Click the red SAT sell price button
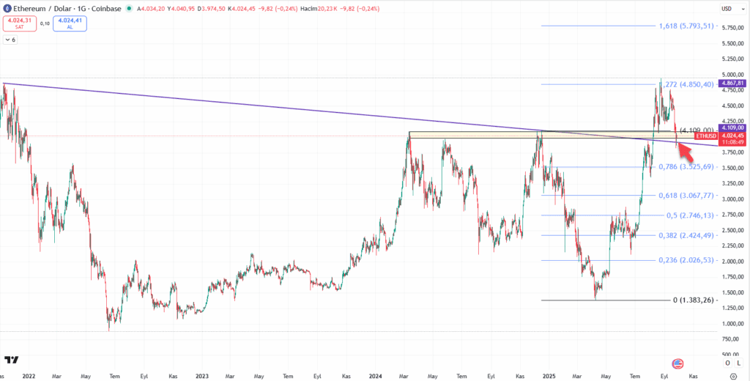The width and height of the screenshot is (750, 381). pyautogui.click(x=18, y=23)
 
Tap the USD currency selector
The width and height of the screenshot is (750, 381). pyautogui.click(x=727, y=9)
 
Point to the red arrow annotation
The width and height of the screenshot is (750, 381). pyautogui.click(x=685, y=152)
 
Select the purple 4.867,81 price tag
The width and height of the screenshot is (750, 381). pyautogui.click(x=733, y=84)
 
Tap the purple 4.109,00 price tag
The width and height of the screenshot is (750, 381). pyautogui.click(x=733, y=127)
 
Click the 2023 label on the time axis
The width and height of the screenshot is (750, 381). pyautogui.click(x=202, y=375)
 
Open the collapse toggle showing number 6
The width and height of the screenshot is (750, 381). pyautogui.click(x=10, y=40)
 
